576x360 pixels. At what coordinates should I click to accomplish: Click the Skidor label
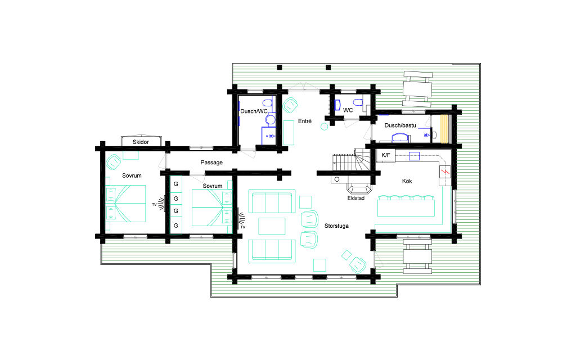[141, 142]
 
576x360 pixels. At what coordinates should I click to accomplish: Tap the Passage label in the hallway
[211, 163]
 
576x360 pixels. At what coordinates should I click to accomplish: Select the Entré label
[305, 121]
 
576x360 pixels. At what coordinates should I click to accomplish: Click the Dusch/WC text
[254, 111]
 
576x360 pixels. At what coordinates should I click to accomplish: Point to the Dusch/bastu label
[400, 125]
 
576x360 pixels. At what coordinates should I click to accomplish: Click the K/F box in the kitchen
[386, 155]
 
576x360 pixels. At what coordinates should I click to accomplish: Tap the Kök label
[407, 181]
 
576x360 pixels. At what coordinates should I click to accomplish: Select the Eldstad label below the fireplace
[356, 198]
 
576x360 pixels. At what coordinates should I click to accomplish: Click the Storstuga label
[336, 226]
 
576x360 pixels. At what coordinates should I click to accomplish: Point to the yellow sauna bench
[445, 129]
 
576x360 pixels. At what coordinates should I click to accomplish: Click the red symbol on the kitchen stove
[445, 172]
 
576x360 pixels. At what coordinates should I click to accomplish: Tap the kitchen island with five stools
[406, 206]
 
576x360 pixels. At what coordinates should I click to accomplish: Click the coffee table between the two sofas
[272, 226]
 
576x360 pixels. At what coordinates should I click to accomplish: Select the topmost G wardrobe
[176, 184]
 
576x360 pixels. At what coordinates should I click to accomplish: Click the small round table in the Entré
[325, 127]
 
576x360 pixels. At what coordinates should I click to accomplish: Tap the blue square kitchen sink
[415, 156]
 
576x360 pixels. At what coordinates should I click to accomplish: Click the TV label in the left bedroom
[154, 205]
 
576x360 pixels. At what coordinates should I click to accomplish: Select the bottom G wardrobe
[176, 225]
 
